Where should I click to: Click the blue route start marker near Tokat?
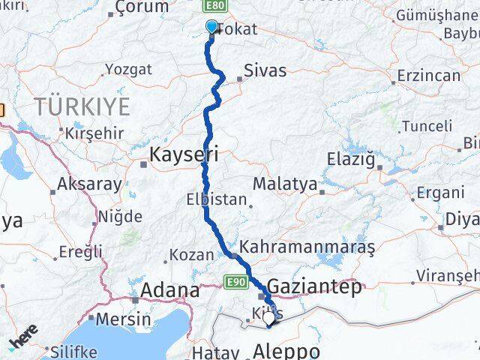[x=211, y=28]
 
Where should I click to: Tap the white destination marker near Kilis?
[x=269, y=318]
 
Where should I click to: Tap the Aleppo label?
[x=286, y=351]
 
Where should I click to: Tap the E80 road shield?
[x=214, y=6]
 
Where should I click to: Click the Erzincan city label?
[x=428, y=76]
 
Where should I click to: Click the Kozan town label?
[x=192, y=255]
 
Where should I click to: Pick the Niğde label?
[x=121, y=217]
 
